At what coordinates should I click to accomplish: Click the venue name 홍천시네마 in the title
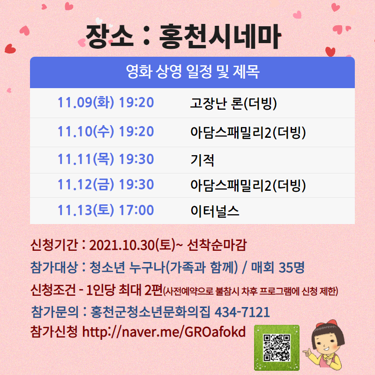click(219, 37)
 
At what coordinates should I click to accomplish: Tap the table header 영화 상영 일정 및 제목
click(193, 72)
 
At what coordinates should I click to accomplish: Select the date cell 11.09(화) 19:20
click(105, 103)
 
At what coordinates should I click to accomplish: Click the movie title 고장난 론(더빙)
click(233, 103)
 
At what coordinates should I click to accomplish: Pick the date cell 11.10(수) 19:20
click(105, 132)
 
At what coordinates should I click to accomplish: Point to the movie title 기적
click(202, 160)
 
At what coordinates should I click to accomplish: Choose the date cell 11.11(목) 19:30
click(105, 159)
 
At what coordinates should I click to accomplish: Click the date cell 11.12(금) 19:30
click(105, 184)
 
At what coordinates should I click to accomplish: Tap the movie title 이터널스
click(215, 211)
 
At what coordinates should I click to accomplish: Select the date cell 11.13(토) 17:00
click(105, 210)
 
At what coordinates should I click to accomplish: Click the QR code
click(277, 347)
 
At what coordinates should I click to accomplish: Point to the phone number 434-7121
click(242, 312)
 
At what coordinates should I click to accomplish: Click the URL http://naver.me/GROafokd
click(164, 332)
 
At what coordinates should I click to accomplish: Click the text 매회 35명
click(277, 267)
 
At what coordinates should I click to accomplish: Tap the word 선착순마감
click(217, 245)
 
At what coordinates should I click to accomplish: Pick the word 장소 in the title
click(110, 37)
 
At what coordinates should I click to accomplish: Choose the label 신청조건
click(53, 290)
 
